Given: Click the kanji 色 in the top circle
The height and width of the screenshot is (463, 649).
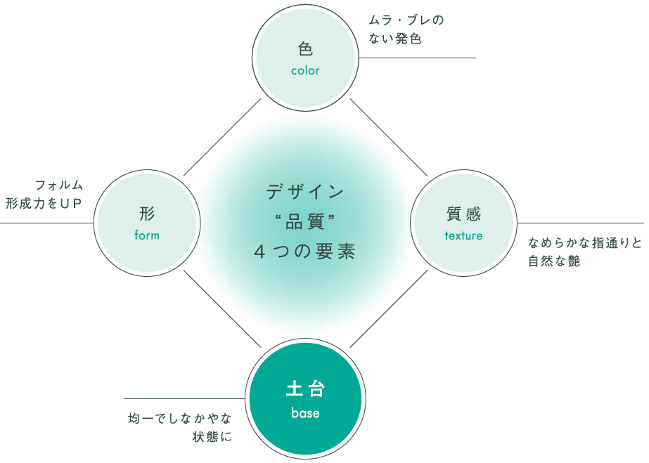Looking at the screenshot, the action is click(305, 48).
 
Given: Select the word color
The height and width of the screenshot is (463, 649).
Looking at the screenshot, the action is click(305, 71).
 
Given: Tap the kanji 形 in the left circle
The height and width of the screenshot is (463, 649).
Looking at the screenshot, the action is click(147, 214).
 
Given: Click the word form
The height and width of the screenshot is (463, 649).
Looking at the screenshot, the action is click(147, 235).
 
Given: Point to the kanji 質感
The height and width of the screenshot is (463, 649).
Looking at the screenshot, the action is click(463, 214).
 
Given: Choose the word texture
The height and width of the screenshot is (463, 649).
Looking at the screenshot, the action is click(463, 235).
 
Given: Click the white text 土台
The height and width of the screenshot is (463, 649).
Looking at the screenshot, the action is click(305, 389).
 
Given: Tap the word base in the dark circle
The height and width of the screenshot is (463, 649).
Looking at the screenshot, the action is click(305, 412).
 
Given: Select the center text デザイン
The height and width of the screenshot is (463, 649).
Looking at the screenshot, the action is click(305, 192).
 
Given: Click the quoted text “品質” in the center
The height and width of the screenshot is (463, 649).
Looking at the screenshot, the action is click(305, 222).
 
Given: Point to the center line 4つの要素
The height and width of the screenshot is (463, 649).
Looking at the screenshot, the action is click(305, 252).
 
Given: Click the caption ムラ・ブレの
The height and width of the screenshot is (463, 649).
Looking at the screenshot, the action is click(406, 20).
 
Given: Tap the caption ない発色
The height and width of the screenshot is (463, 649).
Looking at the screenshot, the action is click(395, 39).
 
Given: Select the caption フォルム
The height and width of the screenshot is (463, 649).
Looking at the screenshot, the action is click(59, 185).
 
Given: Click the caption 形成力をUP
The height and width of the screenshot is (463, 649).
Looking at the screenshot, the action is click(44, 203).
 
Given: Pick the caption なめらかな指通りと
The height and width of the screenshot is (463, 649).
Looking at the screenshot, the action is click(585, 242).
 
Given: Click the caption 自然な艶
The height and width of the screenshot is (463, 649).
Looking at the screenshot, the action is click(554, 261).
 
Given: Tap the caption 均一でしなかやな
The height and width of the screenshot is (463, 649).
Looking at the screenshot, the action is click(179, 418).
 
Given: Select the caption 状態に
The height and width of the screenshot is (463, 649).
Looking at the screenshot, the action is click(212, 436).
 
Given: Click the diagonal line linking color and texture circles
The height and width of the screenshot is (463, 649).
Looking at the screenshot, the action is click(389, 137).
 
